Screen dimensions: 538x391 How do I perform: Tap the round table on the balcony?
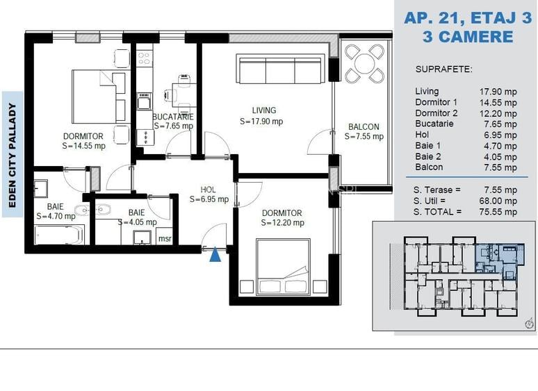tap(364, 63)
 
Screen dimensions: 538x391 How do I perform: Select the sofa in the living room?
tap(280, 69)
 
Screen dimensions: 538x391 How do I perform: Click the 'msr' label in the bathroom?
tap(165, 238)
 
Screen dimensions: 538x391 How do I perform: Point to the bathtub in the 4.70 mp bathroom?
tap(59, 235)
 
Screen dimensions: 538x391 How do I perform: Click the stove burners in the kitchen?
tap(144, 58)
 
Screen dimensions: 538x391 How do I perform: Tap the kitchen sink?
tap(144, 101)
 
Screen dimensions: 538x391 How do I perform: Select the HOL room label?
tap(209, 190)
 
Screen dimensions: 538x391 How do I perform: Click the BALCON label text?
tap(364, 127)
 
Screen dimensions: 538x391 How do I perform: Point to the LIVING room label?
tap(264, 110)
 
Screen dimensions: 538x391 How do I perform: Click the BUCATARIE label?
tap(173, 117)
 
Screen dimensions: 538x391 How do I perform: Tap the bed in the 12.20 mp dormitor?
tap(284, 266)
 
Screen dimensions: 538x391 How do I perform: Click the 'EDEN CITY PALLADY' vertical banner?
tap(13, 155)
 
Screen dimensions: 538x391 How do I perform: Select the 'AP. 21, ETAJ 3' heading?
tap(468, 17)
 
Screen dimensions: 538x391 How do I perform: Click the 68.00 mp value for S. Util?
tap(498, 201)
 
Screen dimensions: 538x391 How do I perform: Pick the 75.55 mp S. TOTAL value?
tap(498, 212)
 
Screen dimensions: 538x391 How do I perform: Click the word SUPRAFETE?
tap(443, 69)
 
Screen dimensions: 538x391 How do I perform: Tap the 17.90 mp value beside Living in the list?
tap(498, 92)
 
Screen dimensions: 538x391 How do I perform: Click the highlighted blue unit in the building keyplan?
tap(499, 260)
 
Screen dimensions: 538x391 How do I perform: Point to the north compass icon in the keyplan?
tap(530, 323)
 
